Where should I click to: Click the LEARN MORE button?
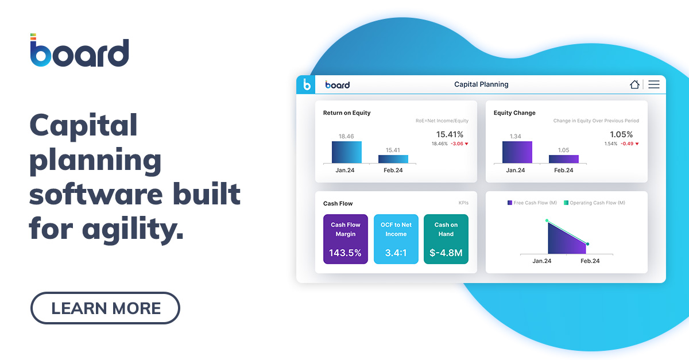tap(105, 308)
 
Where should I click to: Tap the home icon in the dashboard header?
tap(634, 84)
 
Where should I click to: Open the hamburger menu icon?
tap(654, 84)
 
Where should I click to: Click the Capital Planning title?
tap(481, 84)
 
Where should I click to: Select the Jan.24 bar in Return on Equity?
tap(347, 152)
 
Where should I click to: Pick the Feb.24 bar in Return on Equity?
tap(393, 159)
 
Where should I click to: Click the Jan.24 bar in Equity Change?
tap(517, 152)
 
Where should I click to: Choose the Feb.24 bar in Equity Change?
tap(563, 159)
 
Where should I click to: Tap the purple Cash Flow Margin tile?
tap(346, 239)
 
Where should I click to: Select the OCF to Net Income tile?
tap(396, 239)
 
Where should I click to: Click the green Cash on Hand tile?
tap(446, 239)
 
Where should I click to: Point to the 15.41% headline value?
tap(450, 134)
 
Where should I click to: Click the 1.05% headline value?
tap(621, 134)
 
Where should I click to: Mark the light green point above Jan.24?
tap(547, 220)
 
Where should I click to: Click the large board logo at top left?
tap(79, 52)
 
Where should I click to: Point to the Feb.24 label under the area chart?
tap(590, 261)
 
